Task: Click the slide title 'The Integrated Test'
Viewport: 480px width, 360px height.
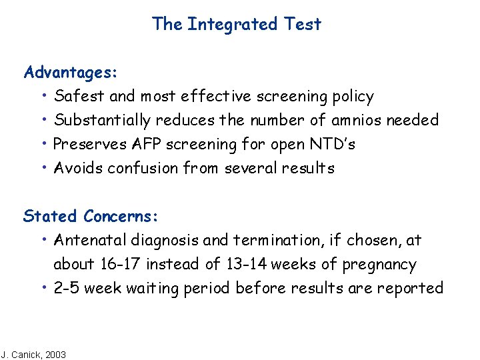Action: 237,24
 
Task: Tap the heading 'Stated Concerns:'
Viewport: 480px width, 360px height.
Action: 91,216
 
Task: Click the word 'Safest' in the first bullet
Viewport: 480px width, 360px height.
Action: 79,96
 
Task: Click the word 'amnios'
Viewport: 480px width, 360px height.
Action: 354,120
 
